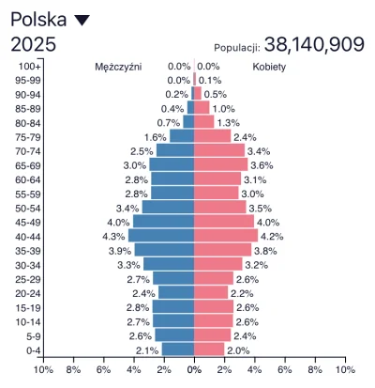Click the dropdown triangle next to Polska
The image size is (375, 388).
pos(82,20)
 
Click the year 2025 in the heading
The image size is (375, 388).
pos(33,44)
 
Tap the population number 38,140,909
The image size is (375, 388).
pos(314,44)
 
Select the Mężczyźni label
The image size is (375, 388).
pos(119,68)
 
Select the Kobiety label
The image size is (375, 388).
pos(269,68)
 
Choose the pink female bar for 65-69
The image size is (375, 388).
pos(220,164)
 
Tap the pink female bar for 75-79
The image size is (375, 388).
pos(212,136)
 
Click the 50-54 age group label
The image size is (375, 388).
pos(28,207)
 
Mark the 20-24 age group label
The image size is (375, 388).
pos(28,292)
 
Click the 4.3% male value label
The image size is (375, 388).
pos(114,236)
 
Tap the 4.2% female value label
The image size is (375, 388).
pos(271,236)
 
